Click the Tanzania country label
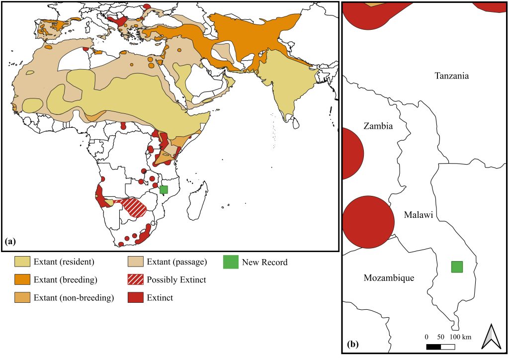click(x=451, y=76)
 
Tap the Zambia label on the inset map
click(x=378, y=126)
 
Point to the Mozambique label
click(x=389, y=278)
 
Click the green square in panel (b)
click(x=457, y=267)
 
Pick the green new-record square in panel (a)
click(x=164, y=189)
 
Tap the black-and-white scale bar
click(x=440, y=346)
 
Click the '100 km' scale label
click(x=459, y=337)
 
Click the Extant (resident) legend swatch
click(x=22, y=262)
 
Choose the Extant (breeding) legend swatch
click(x=22, y=280)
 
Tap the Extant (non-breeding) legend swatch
click(x=22, y=298)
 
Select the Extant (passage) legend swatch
click(x=134, y=262)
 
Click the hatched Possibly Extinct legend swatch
click(x=134, y=280)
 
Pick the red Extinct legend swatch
click(x=134, y=298)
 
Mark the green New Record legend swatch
click(x=230, y=262)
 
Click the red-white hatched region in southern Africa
click(x=134, y=207)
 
